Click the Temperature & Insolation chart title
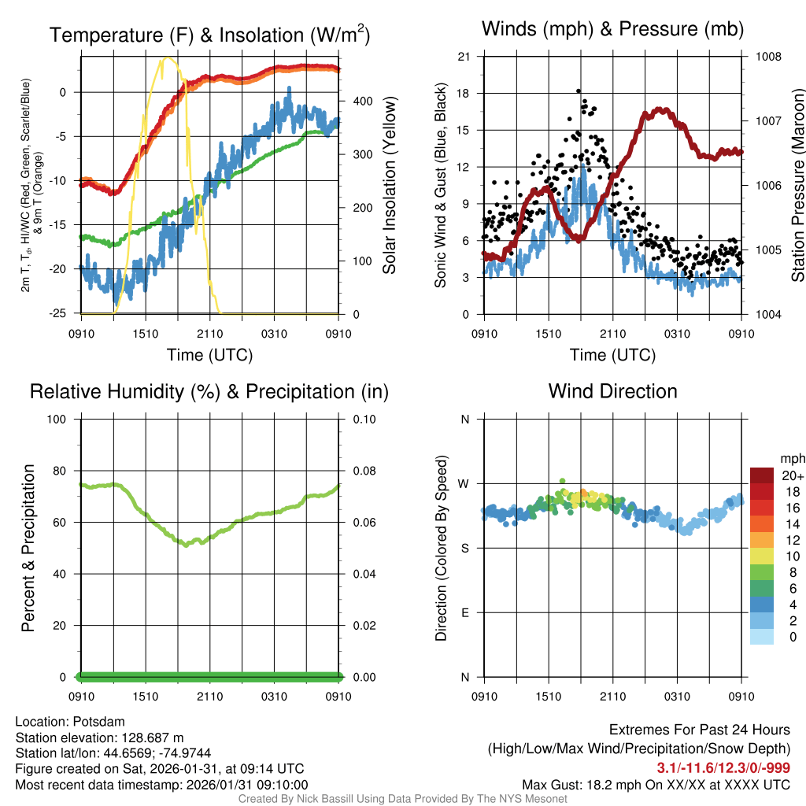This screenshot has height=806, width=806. (210, 35)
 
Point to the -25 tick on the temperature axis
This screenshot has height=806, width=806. (62, 314)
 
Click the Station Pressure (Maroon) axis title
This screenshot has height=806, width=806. (797, 185)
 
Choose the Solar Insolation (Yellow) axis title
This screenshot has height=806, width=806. (389, 185)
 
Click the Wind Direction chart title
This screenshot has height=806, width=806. (612, 391)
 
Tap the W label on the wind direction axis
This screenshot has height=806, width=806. (464, 483)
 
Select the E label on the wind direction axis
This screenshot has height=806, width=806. (464, 612)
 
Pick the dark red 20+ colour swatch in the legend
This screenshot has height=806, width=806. (762, 475)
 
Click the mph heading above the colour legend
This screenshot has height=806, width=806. (792, 458)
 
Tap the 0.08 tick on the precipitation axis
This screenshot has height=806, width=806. (362, 471)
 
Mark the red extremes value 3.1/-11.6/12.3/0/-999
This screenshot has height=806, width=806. (723, 768)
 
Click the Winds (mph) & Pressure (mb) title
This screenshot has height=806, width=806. (612, 30)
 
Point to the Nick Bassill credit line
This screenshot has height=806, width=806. (402, 799)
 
